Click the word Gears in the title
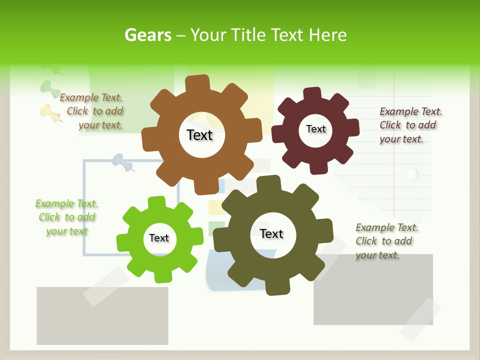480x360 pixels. pyautogui.click(x=147, y=35)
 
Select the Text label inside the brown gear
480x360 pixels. pyautogui.click(x=199, y=135)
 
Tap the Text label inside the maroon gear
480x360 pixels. pyautogui.click(x=315, y=129)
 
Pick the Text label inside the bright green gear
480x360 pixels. pyautogui.click(x=159, y=238)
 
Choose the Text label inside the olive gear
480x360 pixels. pyautogui.click(x=271, y=233)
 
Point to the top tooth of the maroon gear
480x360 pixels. pyautogui.click(x=312, y=93)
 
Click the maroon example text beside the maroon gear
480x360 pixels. pyautogui.click(x=410, y=125)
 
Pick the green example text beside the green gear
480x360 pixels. pyautogui.click(x=66, y=217)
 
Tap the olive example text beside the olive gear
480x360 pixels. pyautogui.click(x=386, y=241)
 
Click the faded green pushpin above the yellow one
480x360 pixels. pyautogui.click(x=48, y=87)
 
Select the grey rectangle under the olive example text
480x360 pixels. pyautogui.click(x=372, y=295)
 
